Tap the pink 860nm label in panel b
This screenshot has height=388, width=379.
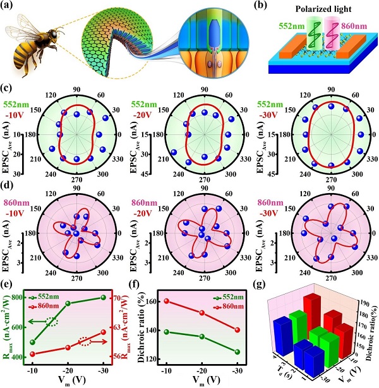point(358,28)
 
